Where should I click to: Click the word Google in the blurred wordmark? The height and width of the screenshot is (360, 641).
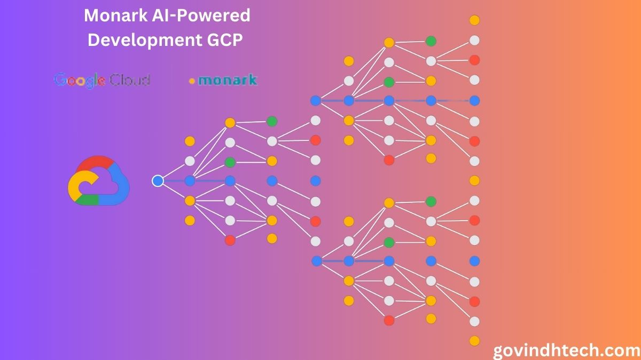pos(79,80)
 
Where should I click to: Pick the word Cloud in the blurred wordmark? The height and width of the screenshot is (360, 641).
pos(129,80)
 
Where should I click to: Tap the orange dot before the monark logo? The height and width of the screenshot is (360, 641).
pos(192,82)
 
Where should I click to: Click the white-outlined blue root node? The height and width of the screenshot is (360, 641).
pos(158,181)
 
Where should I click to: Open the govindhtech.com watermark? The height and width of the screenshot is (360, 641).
pos(566,350)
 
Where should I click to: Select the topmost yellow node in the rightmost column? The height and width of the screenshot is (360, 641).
pos(474,20)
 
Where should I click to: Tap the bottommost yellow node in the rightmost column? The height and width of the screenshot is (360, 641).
pos(474,341)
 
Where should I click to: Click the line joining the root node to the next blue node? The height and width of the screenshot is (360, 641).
pos(174,181)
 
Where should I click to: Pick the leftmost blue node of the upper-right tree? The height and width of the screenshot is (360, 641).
pos(316,100)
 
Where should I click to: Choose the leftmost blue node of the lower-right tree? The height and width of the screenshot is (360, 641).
pos(316,261)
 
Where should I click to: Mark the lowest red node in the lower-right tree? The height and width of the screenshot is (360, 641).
pos(389,320)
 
